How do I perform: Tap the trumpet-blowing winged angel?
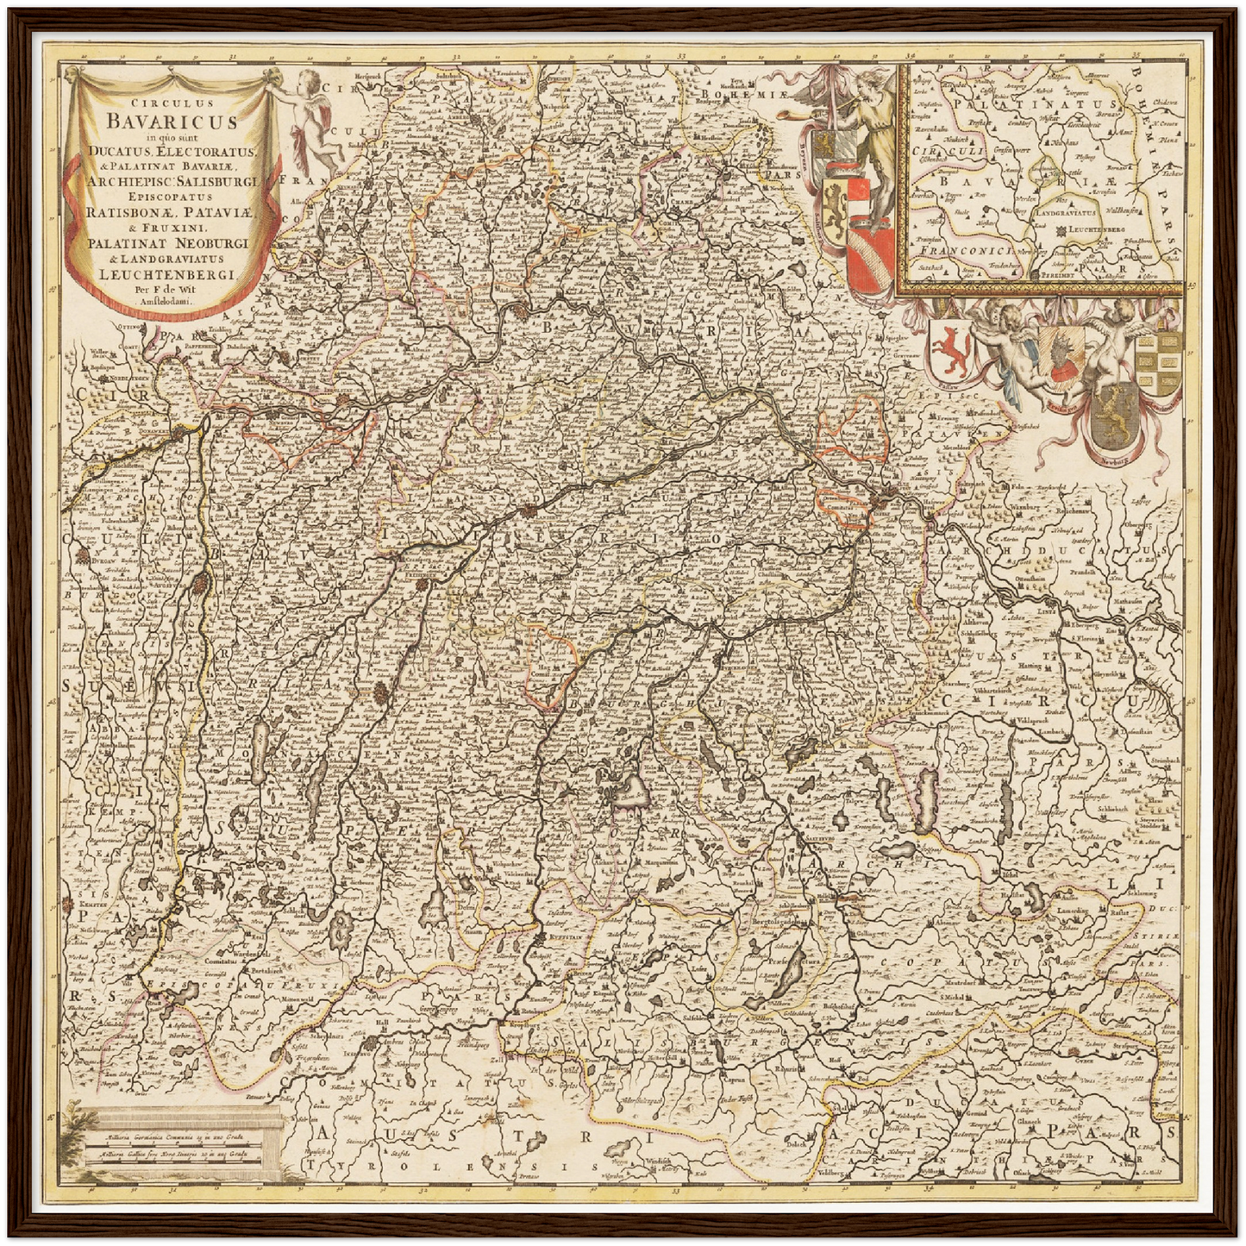862,129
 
